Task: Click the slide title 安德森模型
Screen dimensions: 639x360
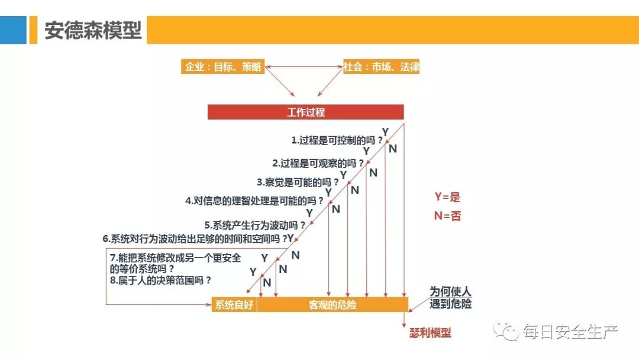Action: [x=93, y=30]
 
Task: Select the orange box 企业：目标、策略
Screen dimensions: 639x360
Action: [x=222, y=67]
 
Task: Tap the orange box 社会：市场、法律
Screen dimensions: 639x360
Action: [x=382, y=67]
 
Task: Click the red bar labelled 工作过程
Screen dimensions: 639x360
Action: [x=305, y=112]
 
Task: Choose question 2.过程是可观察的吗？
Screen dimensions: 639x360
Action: [x=318, y=163]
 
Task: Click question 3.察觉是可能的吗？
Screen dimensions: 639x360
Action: [x=298, y=182]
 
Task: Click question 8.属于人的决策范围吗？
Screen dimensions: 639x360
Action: [x=161, y=281]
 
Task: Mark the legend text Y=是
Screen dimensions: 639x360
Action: [x=447, y=197]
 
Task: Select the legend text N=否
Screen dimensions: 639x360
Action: [x=447, y=216]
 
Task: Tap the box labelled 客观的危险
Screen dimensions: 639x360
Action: [x=333, y=305]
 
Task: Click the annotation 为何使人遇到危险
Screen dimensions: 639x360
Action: [x=450, y=298]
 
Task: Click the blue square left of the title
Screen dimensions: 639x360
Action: [x=13, y=30]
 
